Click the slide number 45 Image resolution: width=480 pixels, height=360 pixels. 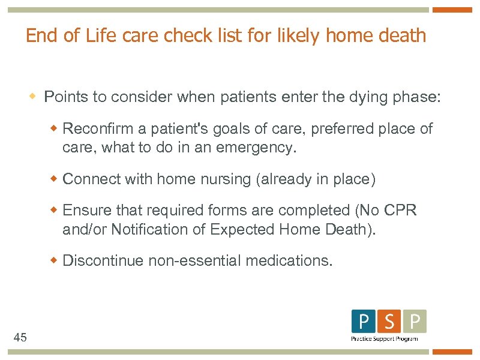[x=20, y=338]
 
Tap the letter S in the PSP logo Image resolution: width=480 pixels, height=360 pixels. [x=389, y=322]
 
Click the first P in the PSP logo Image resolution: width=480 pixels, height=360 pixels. [x=364, y=322]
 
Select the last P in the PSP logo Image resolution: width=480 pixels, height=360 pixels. [x=415, y=322]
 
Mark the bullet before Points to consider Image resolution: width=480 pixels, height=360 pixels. [x=34, y=97]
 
